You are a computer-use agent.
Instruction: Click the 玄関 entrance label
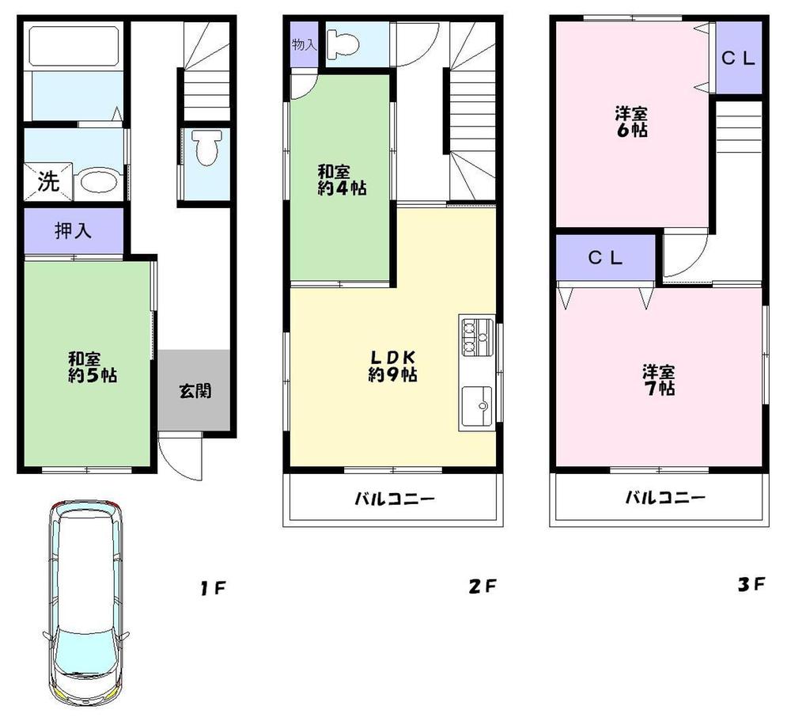click(x=194, y=390)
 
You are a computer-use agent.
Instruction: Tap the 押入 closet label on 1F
click(x=74, y=231)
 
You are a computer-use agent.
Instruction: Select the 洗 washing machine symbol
click(x=48, y=182)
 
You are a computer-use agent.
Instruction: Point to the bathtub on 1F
click(x=73, y=47)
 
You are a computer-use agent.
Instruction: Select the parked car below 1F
click(x=85, y=605)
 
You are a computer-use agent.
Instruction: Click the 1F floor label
click(x=213, y=588)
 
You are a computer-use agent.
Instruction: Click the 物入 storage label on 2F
click(x=305, y=45)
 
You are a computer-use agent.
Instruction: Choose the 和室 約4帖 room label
click(x=341, y=180)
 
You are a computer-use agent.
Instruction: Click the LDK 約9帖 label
click(x=392, y=365)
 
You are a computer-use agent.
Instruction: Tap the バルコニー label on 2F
click(x=393, y=499)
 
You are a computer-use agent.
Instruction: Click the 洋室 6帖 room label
click(x=631, y=122)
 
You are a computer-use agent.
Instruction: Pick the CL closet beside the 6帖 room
click(x=739, y=58)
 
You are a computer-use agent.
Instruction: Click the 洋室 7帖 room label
click(x=658, y=380)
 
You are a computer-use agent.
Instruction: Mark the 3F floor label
click(x=751, y=586)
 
